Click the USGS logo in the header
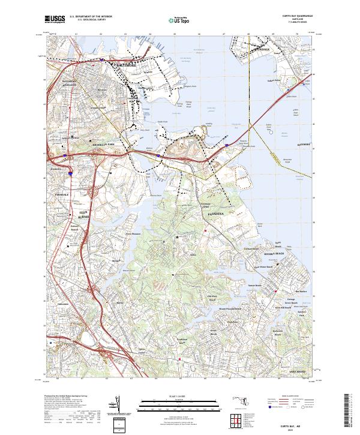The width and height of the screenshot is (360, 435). click(x=55, y=20)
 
